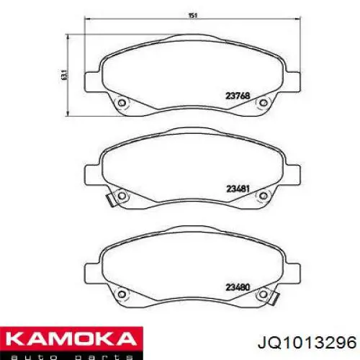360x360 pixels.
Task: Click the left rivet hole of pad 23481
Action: point(122,195)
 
